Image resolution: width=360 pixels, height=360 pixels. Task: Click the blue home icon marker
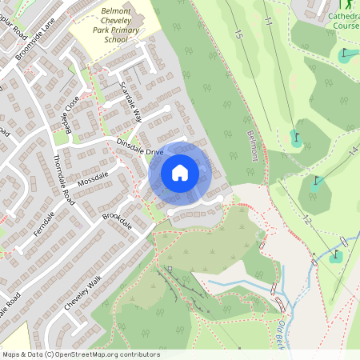pos(180,172)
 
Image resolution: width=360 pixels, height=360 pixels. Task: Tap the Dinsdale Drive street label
pos(140,147)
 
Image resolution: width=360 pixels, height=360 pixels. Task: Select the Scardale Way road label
pos(130,100)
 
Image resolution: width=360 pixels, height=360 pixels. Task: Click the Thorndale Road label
pos(62,176)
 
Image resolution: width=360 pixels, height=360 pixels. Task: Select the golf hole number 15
pos(238,34)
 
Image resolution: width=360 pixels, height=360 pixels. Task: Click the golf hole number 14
pos(352,150)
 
